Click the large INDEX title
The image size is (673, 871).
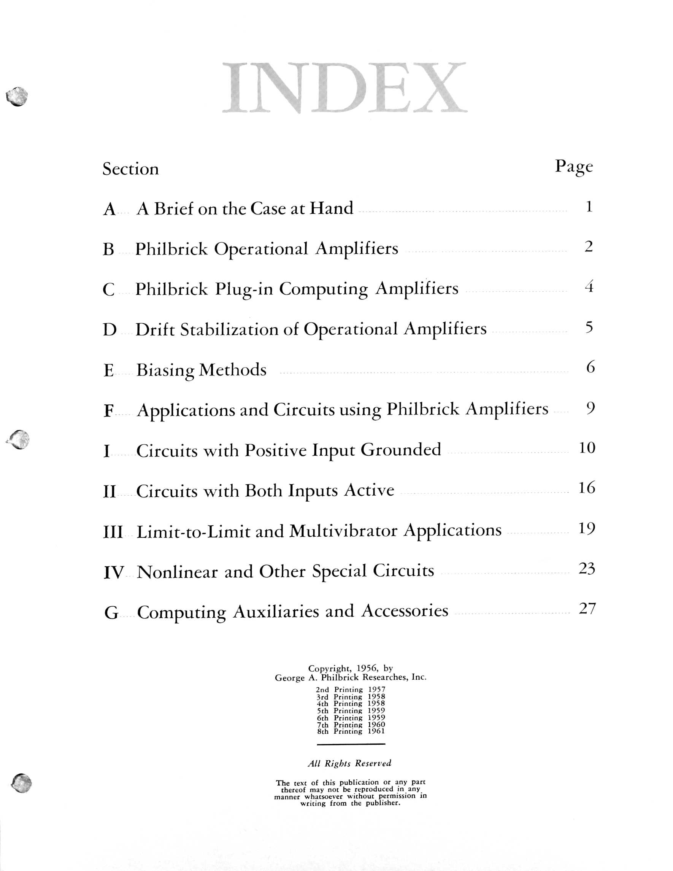tap(344, 88)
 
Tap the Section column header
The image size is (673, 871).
tap(130, 169)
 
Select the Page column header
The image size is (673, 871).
tap(574, 167)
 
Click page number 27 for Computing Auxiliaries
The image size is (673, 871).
tap(587, 609)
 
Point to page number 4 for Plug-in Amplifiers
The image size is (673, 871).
tap(589, 287)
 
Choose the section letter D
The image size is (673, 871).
tap(110, 330)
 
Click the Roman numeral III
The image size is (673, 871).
tap(113, 532)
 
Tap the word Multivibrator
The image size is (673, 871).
tap(343, 531)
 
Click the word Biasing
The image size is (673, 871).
tap(165, 370)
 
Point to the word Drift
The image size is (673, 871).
tap(155, 330)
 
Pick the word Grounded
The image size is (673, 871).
tap(401, 450)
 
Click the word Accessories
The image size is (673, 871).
tap(405, 611)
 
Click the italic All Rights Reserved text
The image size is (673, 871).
tap(349, 763)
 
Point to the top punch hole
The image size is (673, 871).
tap(17, 96)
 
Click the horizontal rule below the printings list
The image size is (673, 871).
tap(351, 744)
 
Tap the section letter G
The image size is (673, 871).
tap(111, 613)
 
